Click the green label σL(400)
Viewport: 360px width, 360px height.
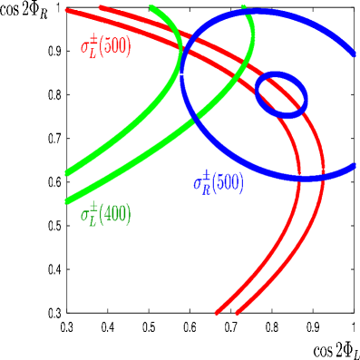coord(105,215)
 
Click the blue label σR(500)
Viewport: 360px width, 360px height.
coord(218,182)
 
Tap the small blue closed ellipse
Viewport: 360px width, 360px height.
coord(281,94)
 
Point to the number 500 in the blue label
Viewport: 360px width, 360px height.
coord(230,182)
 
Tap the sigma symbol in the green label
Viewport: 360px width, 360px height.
coord(85,216)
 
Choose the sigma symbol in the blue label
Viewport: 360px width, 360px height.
coord(198,183)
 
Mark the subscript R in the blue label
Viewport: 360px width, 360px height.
coord(206,188)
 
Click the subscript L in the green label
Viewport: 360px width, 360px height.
coord(92,220)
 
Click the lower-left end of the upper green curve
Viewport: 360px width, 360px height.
coord(68,172)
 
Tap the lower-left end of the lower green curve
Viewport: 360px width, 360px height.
coord(68,200)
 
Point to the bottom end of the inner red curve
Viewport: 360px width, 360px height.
coord(217,313)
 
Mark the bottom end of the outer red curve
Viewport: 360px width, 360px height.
coord(238,313)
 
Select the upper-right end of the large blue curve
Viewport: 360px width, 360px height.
coord(352,51)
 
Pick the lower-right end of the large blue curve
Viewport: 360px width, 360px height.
coord(354,167)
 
